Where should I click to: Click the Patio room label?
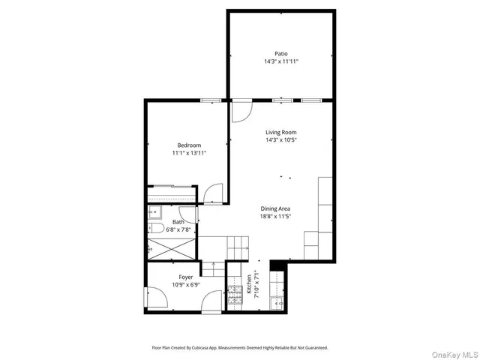(x=281, y=53)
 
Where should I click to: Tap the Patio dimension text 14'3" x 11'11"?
(x=281, y=61)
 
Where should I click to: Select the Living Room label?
(x=281, y=132)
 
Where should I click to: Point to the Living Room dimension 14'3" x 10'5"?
(x=281, y=140)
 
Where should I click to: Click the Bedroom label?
(x=189, y=145)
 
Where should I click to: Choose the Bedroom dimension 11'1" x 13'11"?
(x=189, y=153)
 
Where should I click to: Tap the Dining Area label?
(x=275, y=208)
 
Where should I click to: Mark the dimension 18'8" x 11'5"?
(x=275, y=217)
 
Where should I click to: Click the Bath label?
(x=178, y=222)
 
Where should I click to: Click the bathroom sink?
(x=152, y=211)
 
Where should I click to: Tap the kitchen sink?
(x=276, y=302)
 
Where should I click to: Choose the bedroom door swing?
(x=214, y=193)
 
